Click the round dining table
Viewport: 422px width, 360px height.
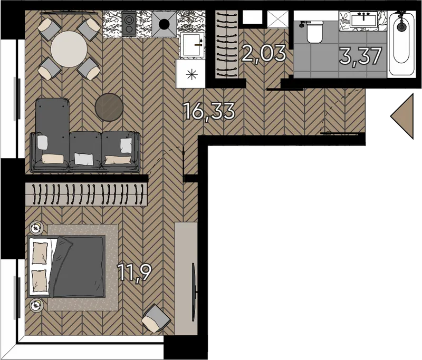click(x=69, y=49)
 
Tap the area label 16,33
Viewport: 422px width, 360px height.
click(x=209, y=111)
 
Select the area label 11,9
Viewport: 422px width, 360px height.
click(x=135, y=273)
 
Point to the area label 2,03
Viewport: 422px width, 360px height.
click(x=263, y=54)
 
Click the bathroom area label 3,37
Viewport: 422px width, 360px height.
click(x=361, y=56)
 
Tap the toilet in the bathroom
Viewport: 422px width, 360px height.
click(x=314, y=32)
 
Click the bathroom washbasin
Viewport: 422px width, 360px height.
click(x=364, y=20)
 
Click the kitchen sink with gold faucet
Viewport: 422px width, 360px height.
click(x=192, y=45)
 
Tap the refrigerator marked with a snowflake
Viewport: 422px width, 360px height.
click(x=191, y=74)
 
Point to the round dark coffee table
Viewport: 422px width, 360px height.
click(x=109, y=107)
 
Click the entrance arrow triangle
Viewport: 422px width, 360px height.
click(x=402, y=116)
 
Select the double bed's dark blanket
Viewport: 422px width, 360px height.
click(x=78, y=266)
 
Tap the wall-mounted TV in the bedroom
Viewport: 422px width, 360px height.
click(x=194, y=291)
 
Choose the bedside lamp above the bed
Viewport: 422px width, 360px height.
click(x=36, y=228)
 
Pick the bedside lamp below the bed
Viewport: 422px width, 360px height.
click(x=36, y=305)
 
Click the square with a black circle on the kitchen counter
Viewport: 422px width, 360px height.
click(x=164, y=24)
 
